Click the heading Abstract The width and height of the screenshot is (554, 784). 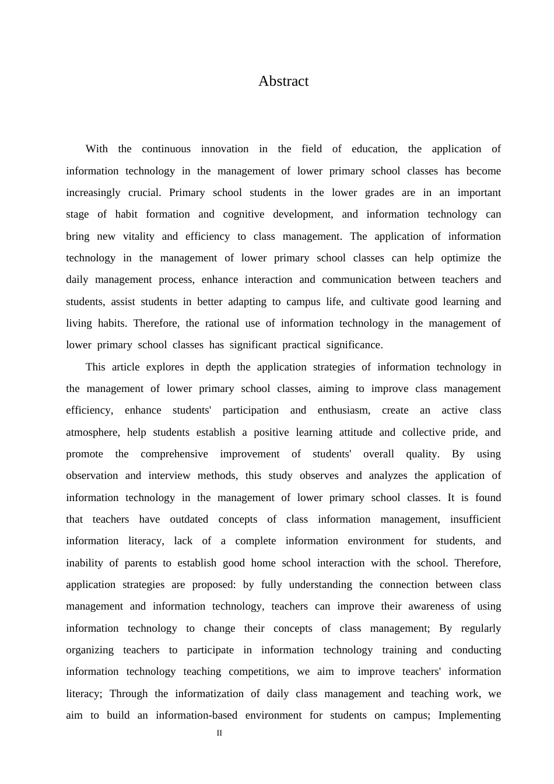pos(283,81)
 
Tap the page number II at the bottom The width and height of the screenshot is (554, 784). pos(219,733)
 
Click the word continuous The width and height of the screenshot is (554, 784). pos(166,149)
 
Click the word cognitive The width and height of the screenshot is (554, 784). pos(244,214)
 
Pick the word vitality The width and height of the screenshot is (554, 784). pos(139,236)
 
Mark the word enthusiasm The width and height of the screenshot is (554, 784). pos(344,410)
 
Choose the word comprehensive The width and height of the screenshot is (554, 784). pos(174,454)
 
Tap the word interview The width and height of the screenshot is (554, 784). pos(169,475)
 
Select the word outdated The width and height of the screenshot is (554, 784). pos(189,519)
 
